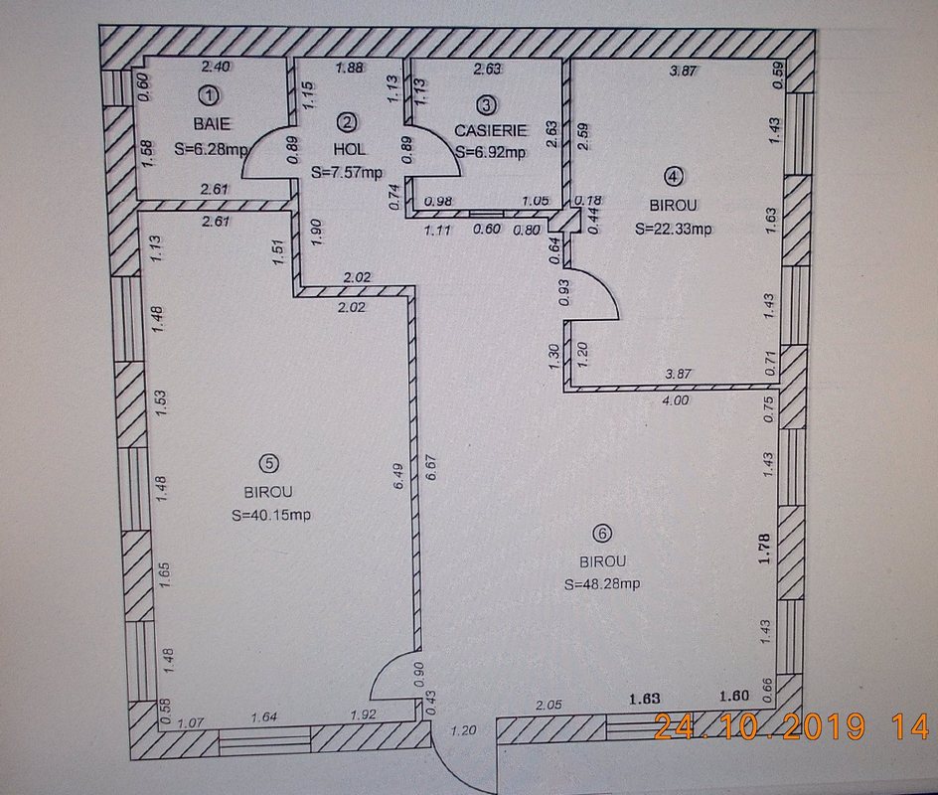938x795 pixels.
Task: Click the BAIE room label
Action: click(x=212, y=124)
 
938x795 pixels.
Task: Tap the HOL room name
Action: click(x=350, y=148)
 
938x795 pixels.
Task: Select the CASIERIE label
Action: click(x=491, y=130)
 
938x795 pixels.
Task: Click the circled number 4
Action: click(x=674, y=176)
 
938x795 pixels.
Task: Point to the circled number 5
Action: click(x=268, y=462)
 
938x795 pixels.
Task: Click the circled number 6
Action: click(x=601, y=533)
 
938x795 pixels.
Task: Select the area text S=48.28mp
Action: click(x=602, y=584)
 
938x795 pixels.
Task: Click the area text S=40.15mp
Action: click(x=271, y=515)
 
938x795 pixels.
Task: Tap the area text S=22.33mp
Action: click(x=674, y=229)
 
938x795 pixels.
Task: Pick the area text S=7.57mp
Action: click(x=347, y=173)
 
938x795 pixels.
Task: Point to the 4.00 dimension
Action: click(x=675, y=400)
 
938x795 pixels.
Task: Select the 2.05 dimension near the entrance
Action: click(x=548, y=705)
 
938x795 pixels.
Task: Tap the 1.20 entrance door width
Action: click(x=463, y=730)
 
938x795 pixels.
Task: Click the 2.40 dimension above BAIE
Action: click(x=216, y=67)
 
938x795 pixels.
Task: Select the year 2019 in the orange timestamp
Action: click(x=819, y=726)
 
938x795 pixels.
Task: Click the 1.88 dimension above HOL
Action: click(x=350, y=68)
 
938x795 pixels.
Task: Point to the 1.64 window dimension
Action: click(x=264, y=716)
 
